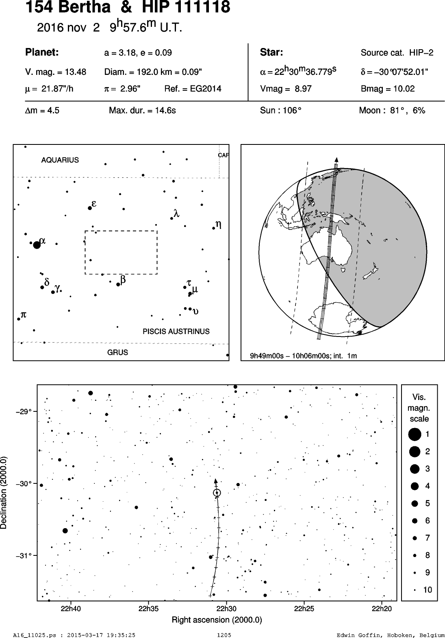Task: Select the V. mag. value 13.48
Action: [76, 72]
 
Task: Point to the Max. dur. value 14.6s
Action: [165, 110]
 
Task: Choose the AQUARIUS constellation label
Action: [60, 160]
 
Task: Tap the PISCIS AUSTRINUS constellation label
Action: [176, 331]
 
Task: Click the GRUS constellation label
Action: [117, 352]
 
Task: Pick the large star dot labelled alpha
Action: [37, 245]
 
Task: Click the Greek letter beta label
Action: [123, 280]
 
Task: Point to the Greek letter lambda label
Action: [176, 213]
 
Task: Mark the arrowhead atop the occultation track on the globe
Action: [336, 160]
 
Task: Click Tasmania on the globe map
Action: [343, 268]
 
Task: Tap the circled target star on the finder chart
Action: [217, 492]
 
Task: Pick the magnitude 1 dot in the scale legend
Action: [415, 435]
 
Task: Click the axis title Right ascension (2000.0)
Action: [217, 620]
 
